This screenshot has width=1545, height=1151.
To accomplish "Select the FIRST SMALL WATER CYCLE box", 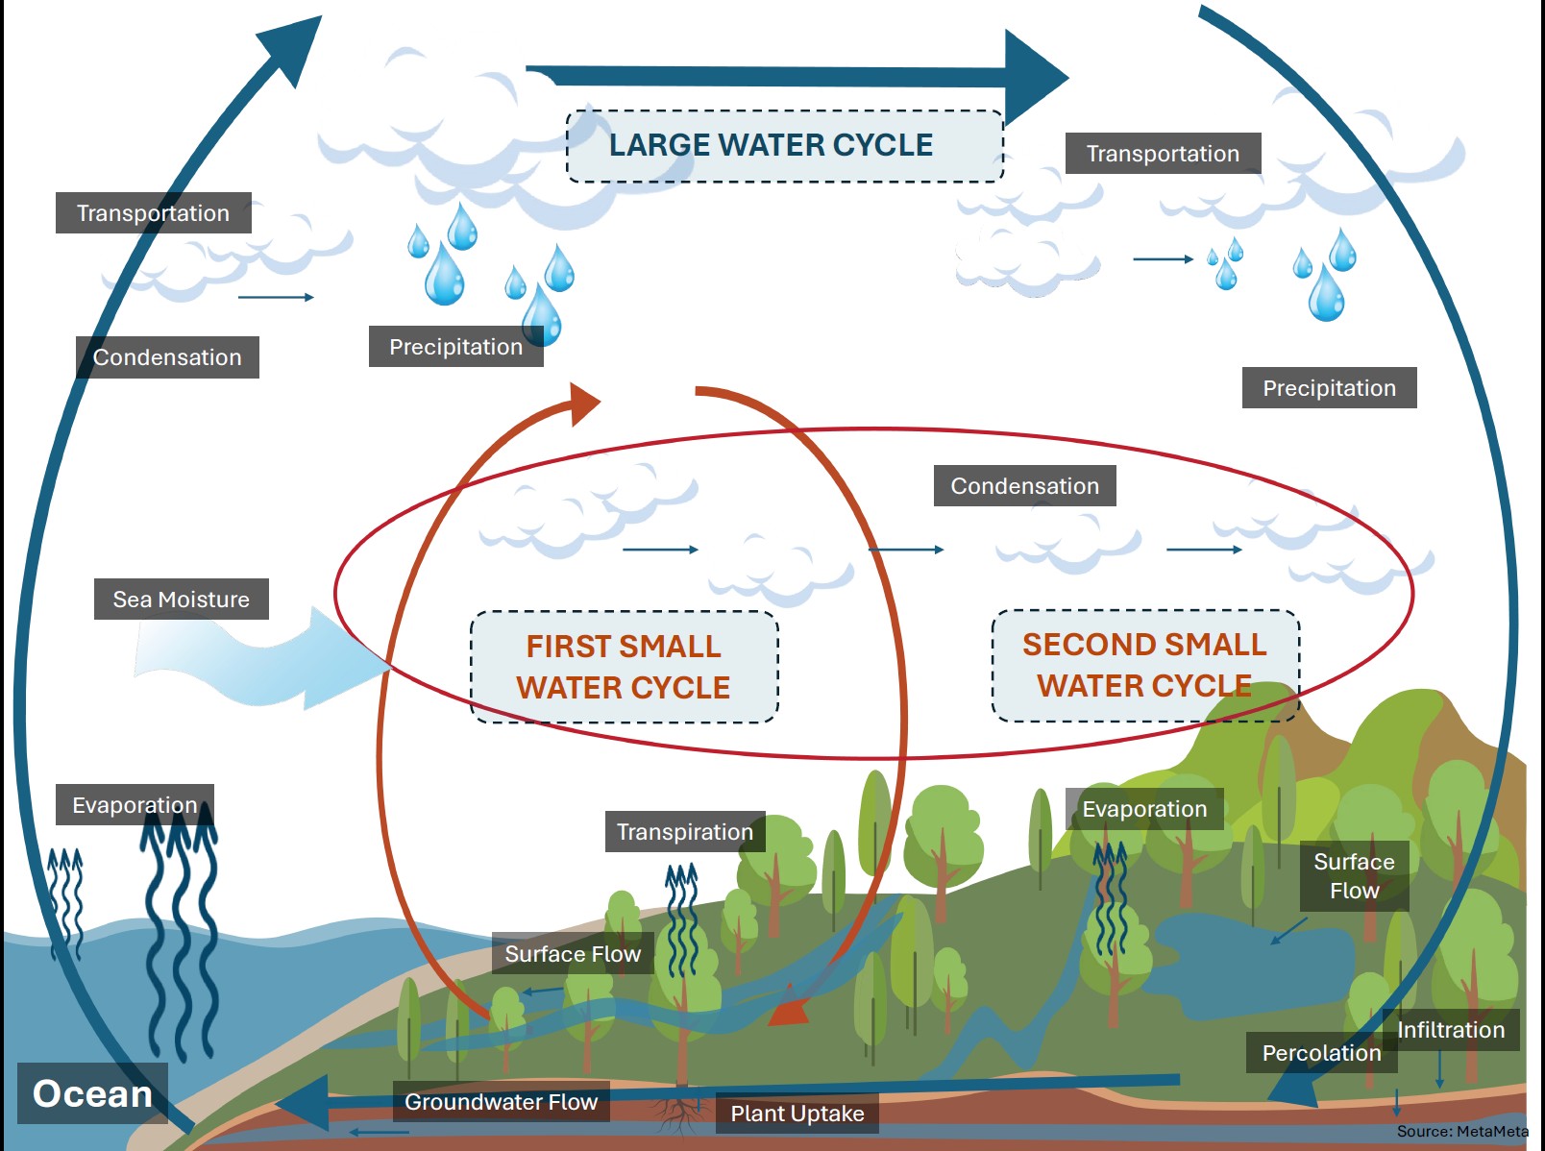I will [624, 667].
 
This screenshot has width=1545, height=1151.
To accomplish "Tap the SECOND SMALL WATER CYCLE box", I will [1144, 665].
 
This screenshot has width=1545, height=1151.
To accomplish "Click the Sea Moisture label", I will [181, 600].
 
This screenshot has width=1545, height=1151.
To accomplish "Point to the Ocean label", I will [92, 1093].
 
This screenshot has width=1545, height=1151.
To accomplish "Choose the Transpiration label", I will [684, 832].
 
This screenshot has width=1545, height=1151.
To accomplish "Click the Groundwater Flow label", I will [501, 1102].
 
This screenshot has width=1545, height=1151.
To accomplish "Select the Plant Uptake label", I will [797, 1114].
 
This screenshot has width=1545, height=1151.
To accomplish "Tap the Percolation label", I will [1321, 1053].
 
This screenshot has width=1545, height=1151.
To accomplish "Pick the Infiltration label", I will [1451, 1030].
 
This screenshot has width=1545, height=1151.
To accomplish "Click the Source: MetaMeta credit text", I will [1462, 1132].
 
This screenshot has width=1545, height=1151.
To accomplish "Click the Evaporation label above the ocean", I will [135, 805].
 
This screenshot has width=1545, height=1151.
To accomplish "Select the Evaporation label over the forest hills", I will [1144, 809].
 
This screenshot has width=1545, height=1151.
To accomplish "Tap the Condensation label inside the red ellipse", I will [1024, 486].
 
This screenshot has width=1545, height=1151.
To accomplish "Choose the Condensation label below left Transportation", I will [167, 357].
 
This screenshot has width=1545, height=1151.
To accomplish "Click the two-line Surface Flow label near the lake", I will [1354, 876].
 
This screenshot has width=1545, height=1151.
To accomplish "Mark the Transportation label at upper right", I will [1163, 154].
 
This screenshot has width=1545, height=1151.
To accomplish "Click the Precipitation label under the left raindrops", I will [455, 347].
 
